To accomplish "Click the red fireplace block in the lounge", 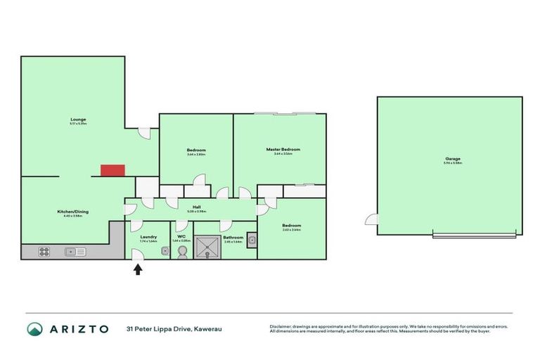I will click(x=112, y=170).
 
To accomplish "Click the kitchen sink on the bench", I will click(x=75, y=252).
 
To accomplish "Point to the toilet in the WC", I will click(x=182, y=251).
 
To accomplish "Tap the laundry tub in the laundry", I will click(x=165, y=250).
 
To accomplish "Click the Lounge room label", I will click(x=78, y=120).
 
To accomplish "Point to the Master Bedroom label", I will click(x=283, y=149).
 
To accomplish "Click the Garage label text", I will click(x=452, y=159).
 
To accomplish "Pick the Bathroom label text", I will click(x=233, y=238).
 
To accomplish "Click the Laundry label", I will click(x=148, y=237).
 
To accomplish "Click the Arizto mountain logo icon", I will click(x=35, y=328).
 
